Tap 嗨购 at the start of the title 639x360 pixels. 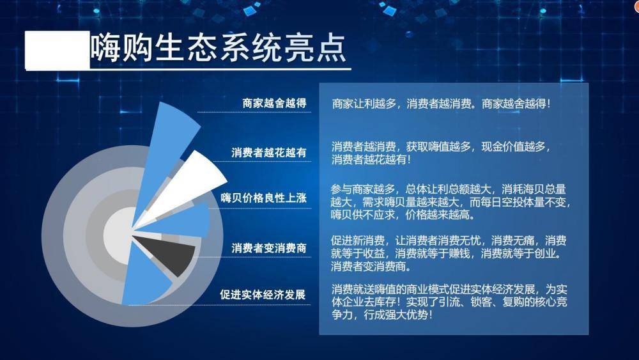click(121, 48)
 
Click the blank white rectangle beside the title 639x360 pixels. click(57, 50)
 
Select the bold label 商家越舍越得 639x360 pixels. click(274, 103)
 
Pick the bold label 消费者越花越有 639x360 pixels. click(269, 152)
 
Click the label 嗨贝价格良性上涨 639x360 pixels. click(264, 198)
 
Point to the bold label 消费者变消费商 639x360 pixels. click(269, 248)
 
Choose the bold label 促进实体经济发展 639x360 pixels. click(263, 294)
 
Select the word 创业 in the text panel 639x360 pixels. click(545, 254)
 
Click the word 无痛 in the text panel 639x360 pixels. click(523, 240)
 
